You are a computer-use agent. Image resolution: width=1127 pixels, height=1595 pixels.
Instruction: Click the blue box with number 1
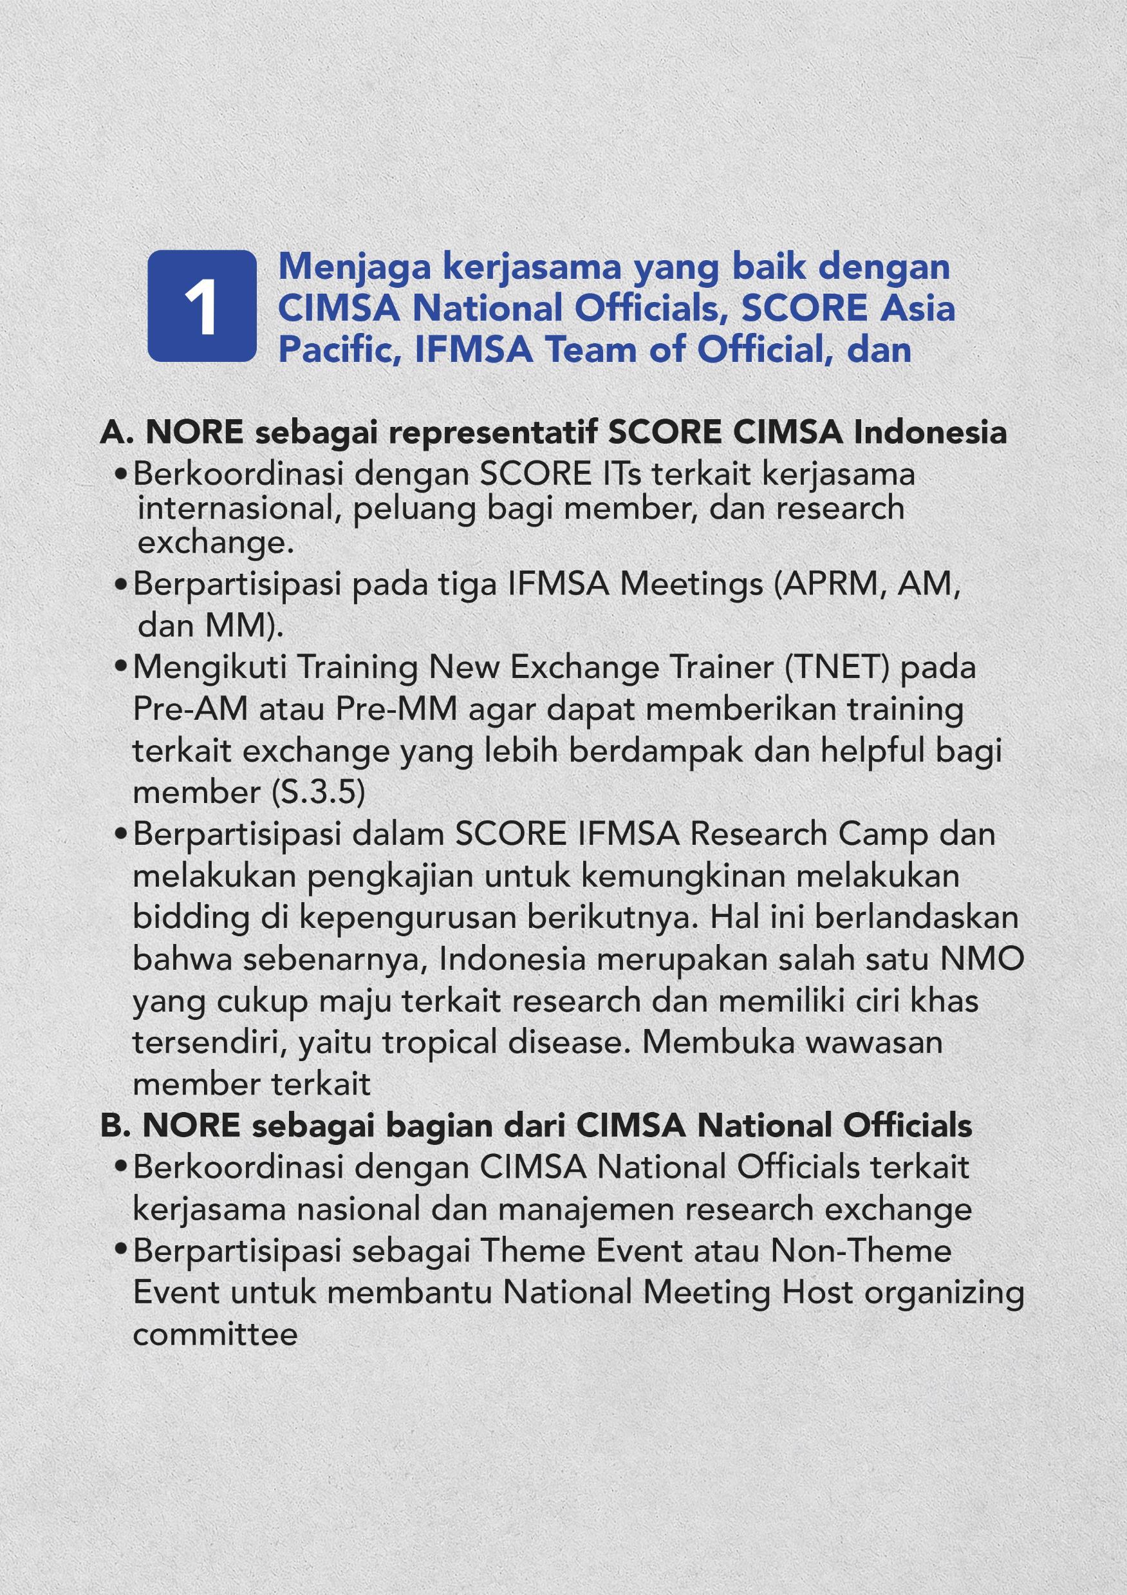(x=201, y=306)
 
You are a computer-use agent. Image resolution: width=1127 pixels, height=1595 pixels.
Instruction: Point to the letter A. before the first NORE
(x=116, y=432)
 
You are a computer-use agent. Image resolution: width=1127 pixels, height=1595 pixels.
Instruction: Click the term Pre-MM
(x=396, y=709)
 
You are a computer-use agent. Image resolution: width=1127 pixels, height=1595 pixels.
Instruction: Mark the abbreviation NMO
(x=982, y=959)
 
